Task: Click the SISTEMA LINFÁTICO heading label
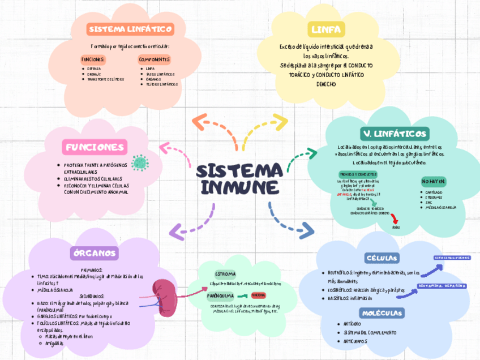tap(130, 29)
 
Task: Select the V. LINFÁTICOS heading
tap(395, 134)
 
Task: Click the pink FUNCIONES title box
tap(93, 148)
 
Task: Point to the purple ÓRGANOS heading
tap(95, 252)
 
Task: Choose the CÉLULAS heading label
tap(382, 258)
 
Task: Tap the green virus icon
tap(139, 163)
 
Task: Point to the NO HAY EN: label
tap(434, 181)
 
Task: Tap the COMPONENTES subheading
tap(154, 59)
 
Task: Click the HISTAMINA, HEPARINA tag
tap(443, 286)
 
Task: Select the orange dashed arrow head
tap(198, 121)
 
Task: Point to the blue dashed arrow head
tap(306, 230)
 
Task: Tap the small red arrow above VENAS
tap(395, 217)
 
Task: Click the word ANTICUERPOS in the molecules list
tap(357, 341)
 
